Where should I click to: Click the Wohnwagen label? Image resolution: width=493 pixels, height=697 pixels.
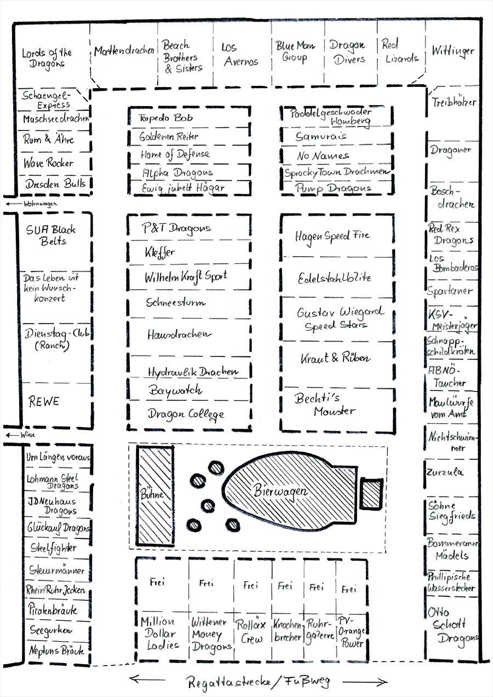[40, 204]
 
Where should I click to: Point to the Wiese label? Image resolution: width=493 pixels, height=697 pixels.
[27, 435]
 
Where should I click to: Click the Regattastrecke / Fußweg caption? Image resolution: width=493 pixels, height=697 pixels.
[258, 682]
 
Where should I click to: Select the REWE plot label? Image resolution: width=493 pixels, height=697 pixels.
[44, 402]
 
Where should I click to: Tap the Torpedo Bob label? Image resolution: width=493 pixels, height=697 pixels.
[165, 118]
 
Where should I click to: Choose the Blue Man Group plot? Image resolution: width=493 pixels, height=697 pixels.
[296, 53]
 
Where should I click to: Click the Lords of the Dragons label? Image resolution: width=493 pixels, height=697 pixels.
[47, 57]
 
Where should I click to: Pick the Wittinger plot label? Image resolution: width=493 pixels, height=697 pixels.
[452, 51]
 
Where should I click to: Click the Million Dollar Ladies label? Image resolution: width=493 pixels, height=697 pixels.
[158, 633]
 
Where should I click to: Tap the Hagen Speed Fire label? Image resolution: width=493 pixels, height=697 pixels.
[333, 236]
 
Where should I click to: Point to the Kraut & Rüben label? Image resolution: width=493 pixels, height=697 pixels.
[335, 359]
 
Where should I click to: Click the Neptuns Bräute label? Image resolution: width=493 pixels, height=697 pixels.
[57, 651]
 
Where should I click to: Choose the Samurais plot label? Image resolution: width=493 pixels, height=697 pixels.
[321, 137]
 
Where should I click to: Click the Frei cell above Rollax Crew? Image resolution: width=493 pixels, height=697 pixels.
[250, 585]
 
